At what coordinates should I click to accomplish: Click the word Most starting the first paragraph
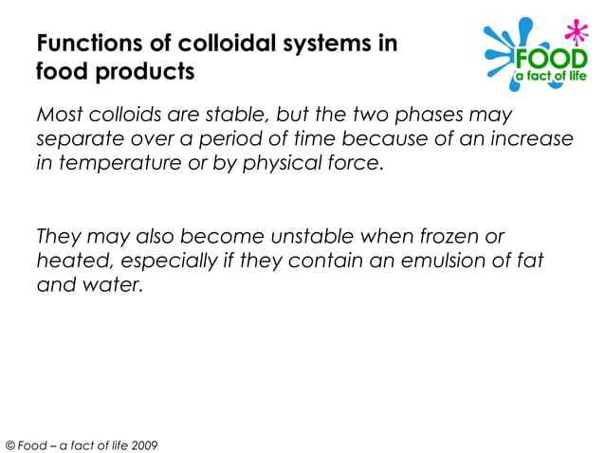pos(60,116)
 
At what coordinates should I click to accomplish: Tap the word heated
pos(67,260)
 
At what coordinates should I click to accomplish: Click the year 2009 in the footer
pos(144,444)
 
